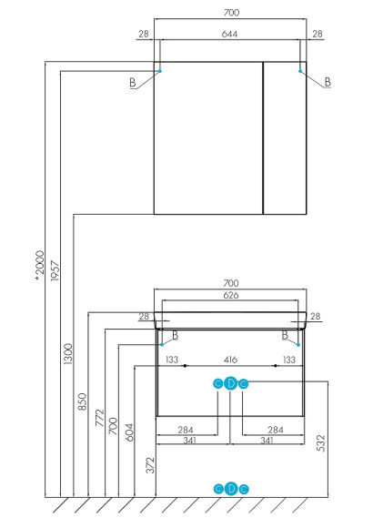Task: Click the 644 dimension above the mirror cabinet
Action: point(230,35)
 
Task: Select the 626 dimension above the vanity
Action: point(230,294)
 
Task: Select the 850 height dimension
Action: point(84,402)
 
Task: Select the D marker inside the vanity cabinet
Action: point(230,383)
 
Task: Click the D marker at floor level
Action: point(230,489)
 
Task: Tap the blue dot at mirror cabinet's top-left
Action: point(160,69)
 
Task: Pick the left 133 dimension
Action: point(171,360)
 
